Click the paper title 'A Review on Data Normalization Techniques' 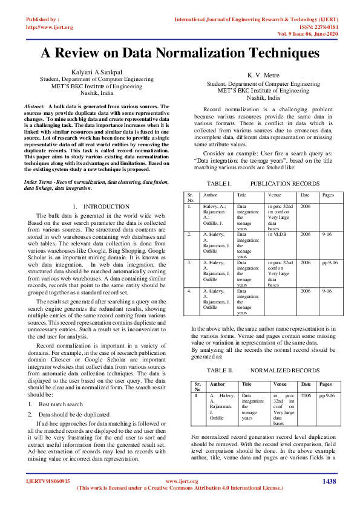tap(180, 53)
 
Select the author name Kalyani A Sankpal tap(100, 73)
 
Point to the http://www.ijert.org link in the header tap(50, 27)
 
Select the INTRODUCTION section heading tap(106, 207)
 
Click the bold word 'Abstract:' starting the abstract tap(34, 106)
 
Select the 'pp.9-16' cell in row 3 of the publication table tap(330, 263)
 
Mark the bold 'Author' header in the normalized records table tap(217, 384)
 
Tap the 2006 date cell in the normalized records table tap(306, 395)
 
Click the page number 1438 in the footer tap(329, 481)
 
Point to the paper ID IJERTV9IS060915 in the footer tap(48, 481)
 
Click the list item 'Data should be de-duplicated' tap(74, 415)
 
